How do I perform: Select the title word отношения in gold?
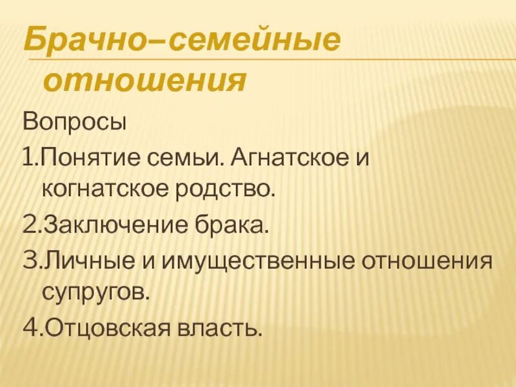coord(145,81)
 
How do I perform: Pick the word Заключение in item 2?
coord(112,226)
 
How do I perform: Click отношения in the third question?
coord(429,262)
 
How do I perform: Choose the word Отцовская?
coord(106,329)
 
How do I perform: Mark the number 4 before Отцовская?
coord(29,329)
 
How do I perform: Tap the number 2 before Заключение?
coord(29,226)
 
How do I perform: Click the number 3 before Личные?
coord(29,261)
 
